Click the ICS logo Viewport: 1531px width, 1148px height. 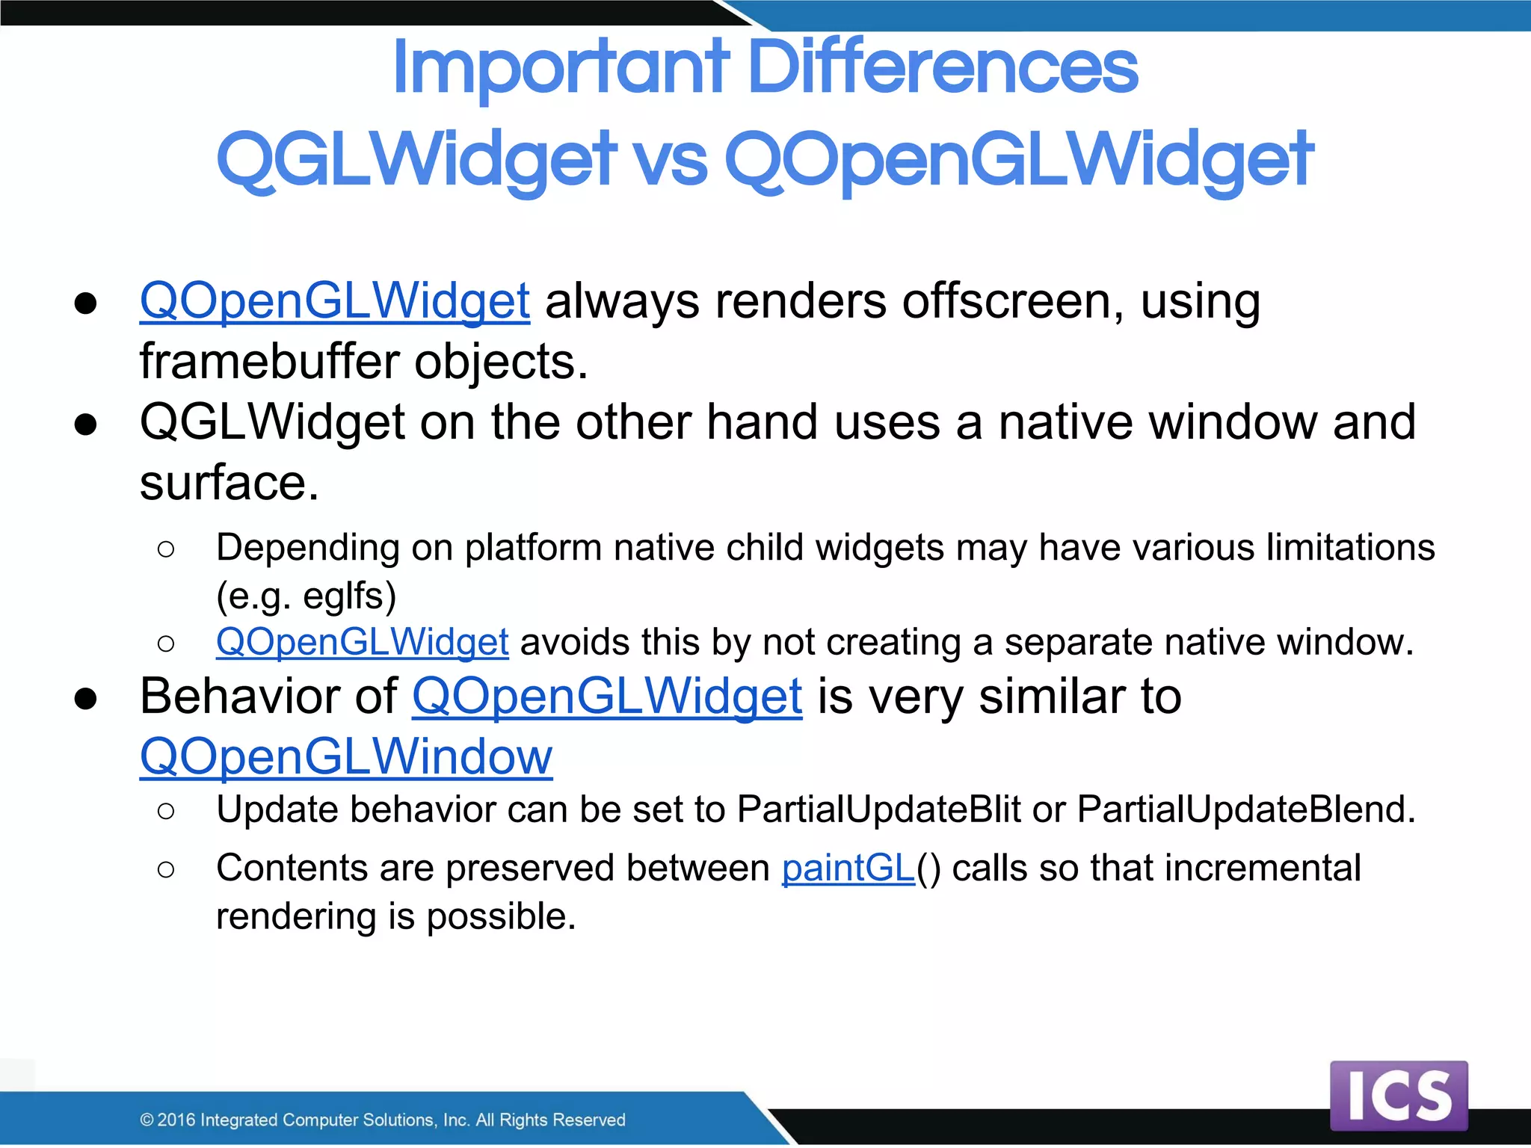click(1398, 1096)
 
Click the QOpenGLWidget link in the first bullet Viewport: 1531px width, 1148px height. click(335, 301)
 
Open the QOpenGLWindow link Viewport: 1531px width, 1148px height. click(346, 756)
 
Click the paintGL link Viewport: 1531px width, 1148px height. click(848, 868)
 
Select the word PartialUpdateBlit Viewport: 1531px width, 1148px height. click(878, 809)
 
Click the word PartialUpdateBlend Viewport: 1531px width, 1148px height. click(1244, 809)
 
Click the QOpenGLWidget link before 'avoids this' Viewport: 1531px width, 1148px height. click(363, 642)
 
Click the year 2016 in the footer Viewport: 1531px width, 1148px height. click(176, 1120)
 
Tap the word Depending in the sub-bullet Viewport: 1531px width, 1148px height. click(308, 548)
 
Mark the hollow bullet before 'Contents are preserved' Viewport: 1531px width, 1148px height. click(166, 869)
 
